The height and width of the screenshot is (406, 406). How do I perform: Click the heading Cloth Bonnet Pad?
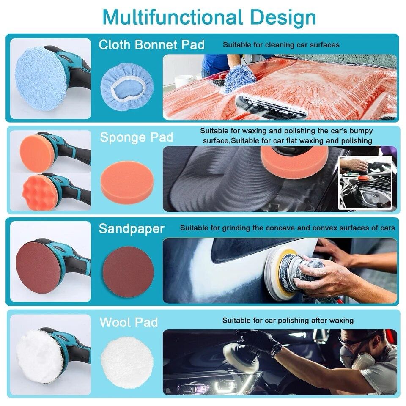pyautogui.click(x=151, y=45)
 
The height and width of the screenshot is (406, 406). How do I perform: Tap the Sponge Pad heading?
pyautogui.click(x=137, y=137)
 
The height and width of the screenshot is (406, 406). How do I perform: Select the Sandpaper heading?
pyautogui.click(x=132, y=229)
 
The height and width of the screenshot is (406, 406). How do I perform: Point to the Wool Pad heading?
pyautogui.click(x=129, y=322)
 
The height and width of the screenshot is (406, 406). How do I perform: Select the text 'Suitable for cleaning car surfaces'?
pyautogui.click(x=281, y=45)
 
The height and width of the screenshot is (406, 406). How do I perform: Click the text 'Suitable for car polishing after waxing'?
pyautogui.click(x=288, y=321)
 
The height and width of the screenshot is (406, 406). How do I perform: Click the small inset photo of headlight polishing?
pyautogui.click(x=366, y=183)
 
